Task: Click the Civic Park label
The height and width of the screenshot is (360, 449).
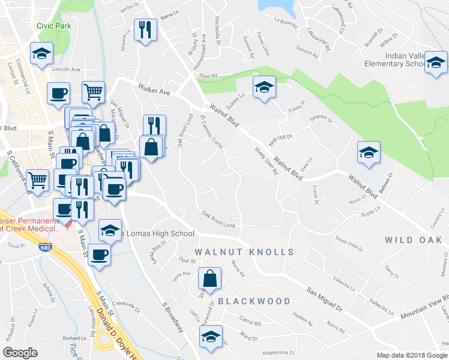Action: coord(53,26)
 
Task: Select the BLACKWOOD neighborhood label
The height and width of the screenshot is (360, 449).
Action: coord(254,301)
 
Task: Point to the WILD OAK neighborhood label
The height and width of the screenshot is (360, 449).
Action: coord(416,240)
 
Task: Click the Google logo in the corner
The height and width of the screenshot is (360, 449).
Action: coord(19,353)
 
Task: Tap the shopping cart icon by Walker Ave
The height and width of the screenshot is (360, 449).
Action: coord(94,92)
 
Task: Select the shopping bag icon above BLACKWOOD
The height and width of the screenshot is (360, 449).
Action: coord(209,279)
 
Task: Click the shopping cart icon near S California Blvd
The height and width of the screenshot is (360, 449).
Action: coord(37,179)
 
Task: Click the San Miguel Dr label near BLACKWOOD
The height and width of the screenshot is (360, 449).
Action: coord(324,299)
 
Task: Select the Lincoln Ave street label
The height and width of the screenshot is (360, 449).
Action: coord(66,69)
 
